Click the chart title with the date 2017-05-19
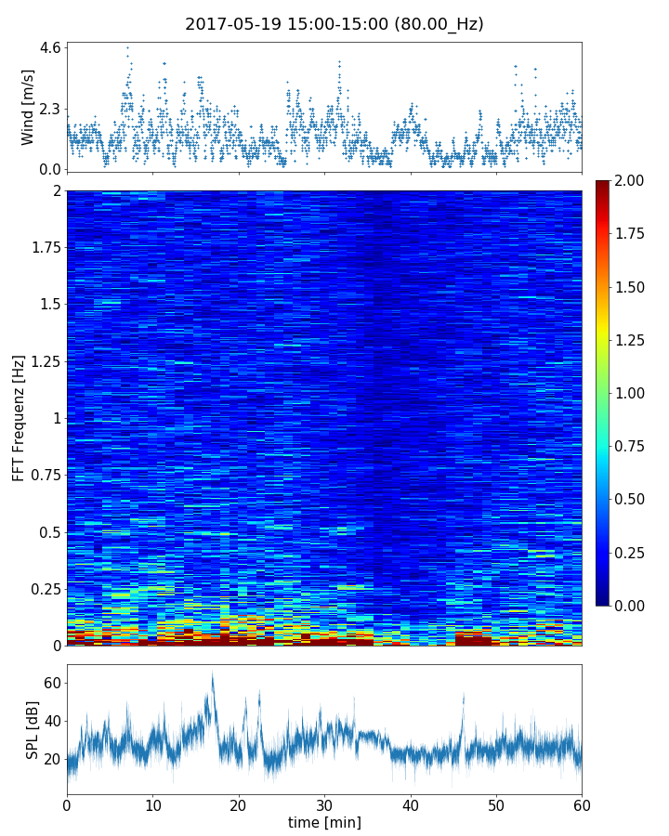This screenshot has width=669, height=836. (x=334, y=24)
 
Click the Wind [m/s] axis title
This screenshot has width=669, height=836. (x=27, y=107)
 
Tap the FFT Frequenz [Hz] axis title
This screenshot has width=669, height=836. (x=19, y=418)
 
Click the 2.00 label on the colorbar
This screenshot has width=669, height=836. (x=632, y=181)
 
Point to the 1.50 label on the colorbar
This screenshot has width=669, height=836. (x=632, y=287)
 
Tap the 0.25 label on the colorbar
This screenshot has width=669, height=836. (x=632, y=553)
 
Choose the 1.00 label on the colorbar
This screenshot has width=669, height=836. (x=632, y=393)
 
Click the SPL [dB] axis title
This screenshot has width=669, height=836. (x=33, y=729)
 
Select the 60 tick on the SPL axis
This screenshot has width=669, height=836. (x=52, y=684)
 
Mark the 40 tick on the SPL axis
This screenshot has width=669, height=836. (x=52, y=722)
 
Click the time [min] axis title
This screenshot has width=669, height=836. (x=324, y=822)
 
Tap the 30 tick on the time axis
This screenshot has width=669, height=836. (x=324, y=803)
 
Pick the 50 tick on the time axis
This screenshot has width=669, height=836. (x=496, y=803)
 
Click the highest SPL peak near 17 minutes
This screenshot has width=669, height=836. (x=212, y=673)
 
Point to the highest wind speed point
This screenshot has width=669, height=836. (x=127, y=47)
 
